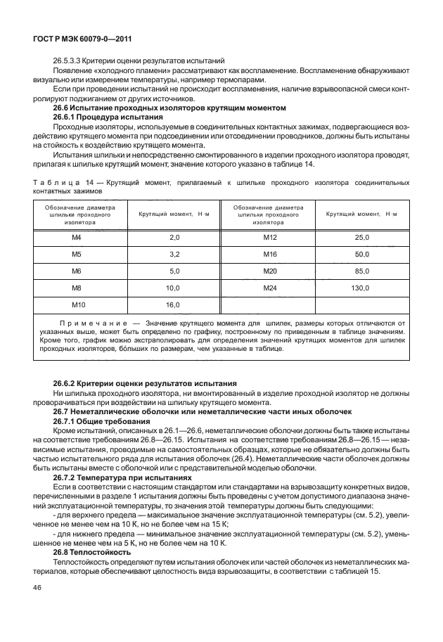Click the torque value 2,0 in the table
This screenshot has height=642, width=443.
174,238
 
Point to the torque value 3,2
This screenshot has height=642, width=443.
174,254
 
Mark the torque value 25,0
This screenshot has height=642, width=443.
361,238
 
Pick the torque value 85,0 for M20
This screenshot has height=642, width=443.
361,271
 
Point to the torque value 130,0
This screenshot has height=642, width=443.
361,288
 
